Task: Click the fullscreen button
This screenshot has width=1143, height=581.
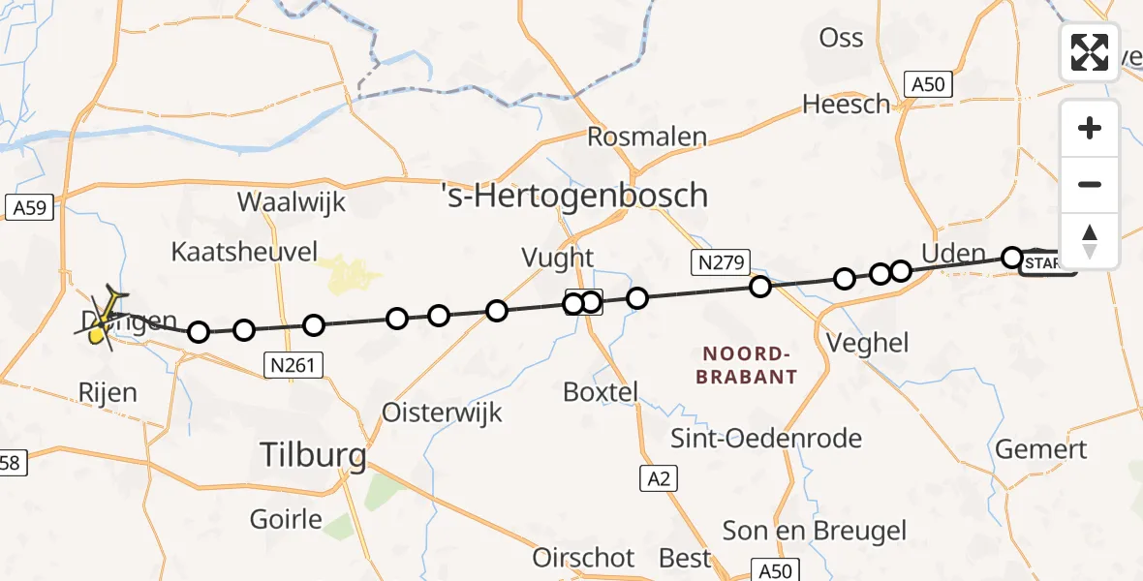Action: click(x=1090, y=51)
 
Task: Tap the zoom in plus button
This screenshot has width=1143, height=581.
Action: click(x=1090, y=128)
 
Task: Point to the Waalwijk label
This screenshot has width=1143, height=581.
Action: click(x=292, y=203)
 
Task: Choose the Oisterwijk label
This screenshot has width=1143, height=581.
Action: click(x=443, y=413)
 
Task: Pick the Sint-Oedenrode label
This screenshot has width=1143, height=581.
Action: click(x=766, y=439)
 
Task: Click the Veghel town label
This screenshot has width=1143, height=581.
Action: click(x=869, y=342)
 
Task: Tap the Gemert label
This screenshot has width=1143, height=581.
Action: click(x=1041, y=449)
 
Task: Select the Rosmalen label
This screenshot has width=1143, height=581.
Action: click(x=647, y=137)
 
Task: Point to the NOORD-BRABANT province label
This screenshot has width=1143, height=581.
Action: click(x=746, y=365)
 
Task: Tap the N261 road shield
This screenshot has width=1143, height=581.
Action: click(x=293, y=364)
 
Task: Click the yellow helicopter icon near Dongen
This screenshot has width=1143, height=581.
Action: click(x=100, y=333)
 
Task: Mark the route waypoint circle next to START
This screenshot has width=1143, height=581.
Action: click(x=1012, y=258)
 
